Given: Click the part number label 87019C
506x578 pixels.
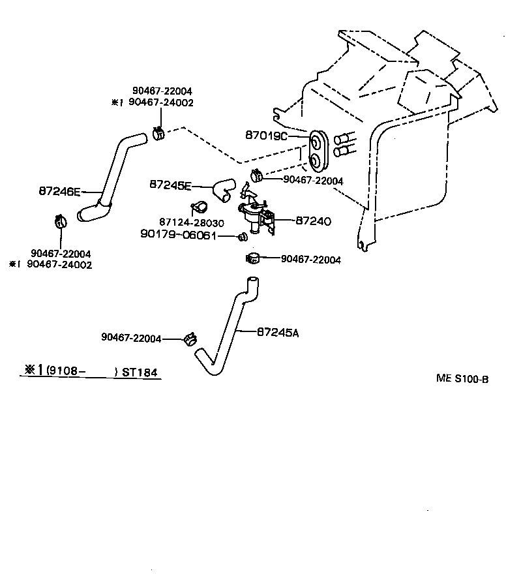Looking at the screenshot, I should [x=266, y=136].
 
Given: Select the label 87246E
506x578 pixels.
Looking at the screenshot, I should [x=59, y=192].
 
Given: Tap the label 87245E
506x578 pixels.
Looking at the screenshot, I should [x=170, y=185].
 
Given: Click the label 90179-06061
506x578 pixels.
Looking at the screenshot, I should [x=178, y=235].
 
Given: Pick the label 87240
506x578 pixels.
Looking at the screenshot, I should [x=314, y=222].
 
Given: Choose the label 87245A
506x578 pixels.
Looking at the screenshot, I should [x=278, y=332].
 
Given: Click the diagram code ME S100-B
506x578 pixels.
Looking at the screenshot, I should [x=462, y=378].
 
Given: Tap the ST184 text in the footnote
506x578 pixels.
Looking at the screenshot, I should [x=141, y=373].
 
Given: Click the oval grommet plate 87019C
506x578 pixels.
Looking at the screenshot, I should [x=318, y=149].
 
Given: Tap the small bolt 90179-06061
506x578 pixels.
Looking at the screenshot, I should [x=243, y=236].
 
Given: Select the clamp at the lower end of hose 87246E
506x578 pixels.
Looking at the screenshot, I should [x=59, y=222].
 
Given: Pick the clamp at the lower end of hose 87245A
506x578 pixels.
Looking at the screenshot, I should [x=190, y=339].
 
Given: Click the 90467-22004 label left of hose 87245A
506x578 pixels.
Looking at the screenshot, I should [x=131, y=337].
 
